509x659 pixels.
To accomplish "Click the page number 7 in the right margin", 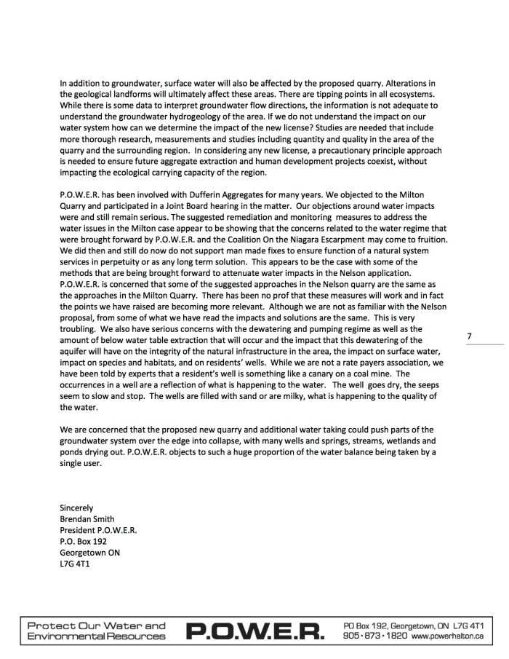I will [x=469, y=336].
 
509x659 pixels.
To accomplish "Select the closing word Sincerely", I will [x=76, y=508].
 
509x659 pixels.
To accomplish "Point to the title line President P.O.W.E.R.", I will [x=98, y=530].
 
